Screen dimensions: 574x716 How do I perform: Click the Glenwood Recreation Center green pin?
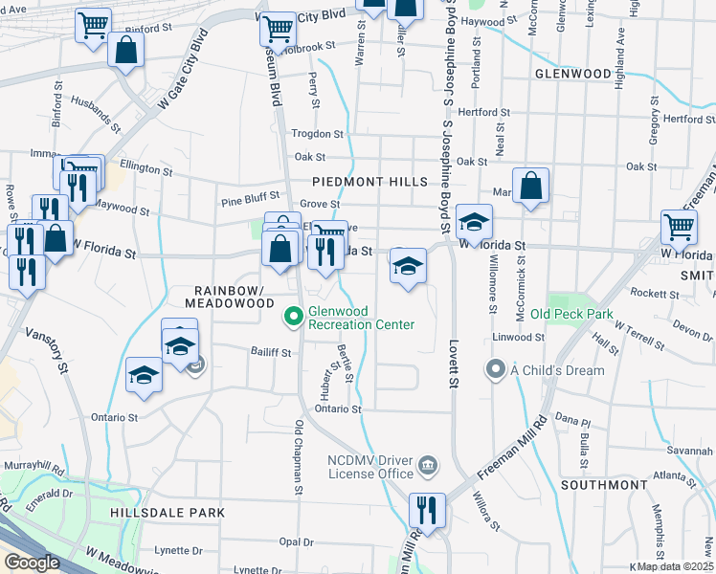click(295, 315)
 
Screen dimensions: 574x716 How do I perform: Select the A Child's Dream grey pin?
click(495, 368)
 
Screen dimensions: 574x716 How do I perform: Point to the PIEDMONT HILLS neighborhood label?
click(358, 182)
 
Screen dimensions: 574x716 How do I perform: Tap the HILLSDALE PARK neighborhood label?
click(168, 513)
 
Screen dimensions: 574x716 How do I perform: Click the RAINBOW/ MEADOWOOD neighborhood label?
click(235, 297)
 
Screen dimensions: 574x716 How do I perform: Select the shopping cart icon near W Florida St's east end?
click(679, 229)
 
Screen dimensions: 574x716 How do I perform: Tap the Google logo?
click(31, 562)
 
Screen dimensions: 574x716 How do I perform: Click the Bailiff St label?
click(271, 352)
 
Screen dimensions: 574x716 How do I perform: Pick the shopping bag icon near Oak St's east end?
click(530, 186)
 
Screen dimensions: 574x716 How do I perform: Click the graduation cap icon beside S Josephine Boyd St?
click(473, 223)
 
